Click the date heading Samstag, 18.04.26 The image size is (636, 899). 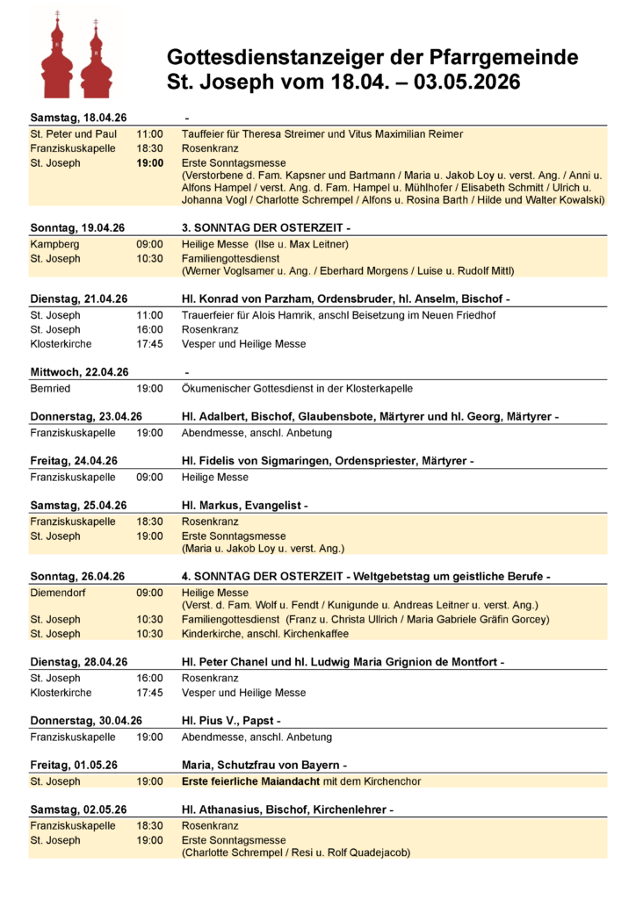(78, 118)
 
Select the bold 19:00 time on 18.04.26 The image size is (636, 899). (149, 163)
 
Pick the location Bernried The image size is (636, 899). (50, 388)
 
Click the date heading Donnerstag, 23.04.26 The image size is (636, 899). (86, 416)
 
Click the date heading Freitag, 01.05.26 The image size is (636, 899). (74, 765)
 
